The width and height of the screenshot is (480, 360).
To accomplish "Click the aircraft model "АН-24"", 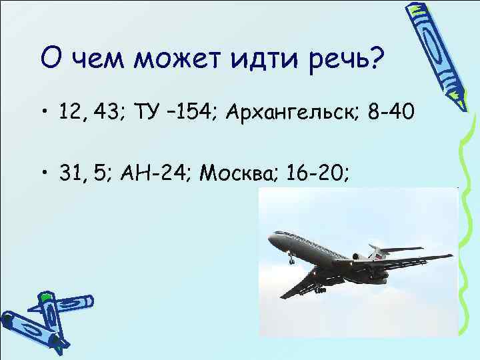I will [x=153, y=174].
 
